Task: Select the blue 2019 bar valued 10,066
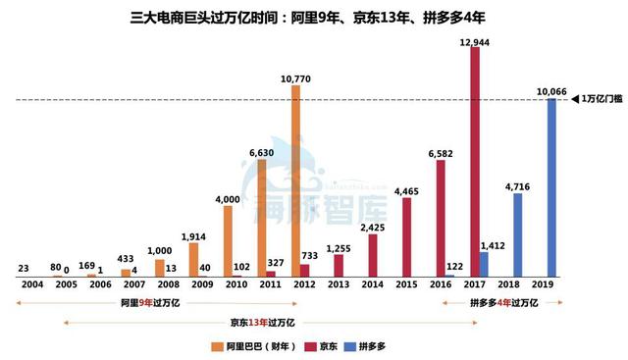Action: point(551,187)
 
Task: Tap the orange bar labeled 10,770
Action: point(295,180)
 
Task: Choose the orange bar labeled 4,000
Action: point(228,240)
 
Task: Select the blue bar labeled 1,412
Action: point(484,264)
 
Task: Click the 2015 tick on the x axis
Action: point(405,284)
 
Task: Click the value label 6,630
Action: point(260,153)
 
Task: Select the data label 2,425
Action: point(372,228)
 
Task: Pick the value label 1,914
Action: point(193,235)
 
